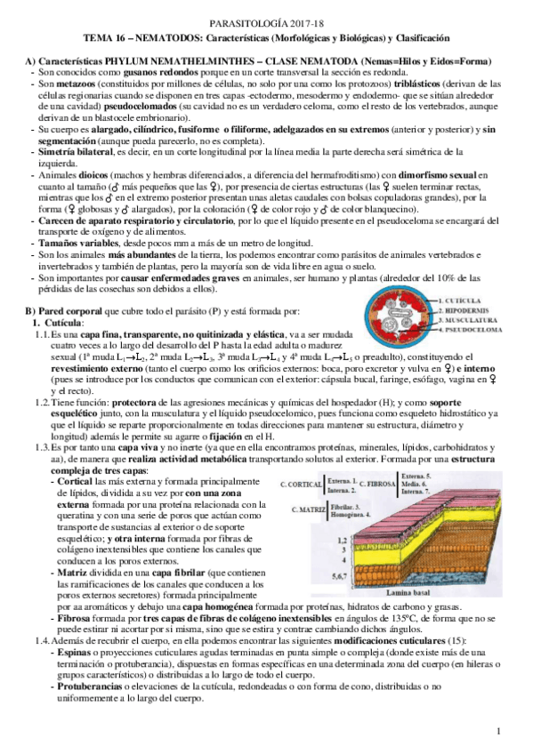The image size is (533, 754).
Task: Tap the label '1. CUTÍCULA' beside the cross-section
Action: point(461,301)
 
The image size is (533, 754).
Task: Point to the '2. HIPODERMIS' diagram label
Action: point(465,310)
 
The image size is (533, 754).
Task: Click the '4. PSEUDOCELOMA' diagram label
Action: point(470,329)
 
